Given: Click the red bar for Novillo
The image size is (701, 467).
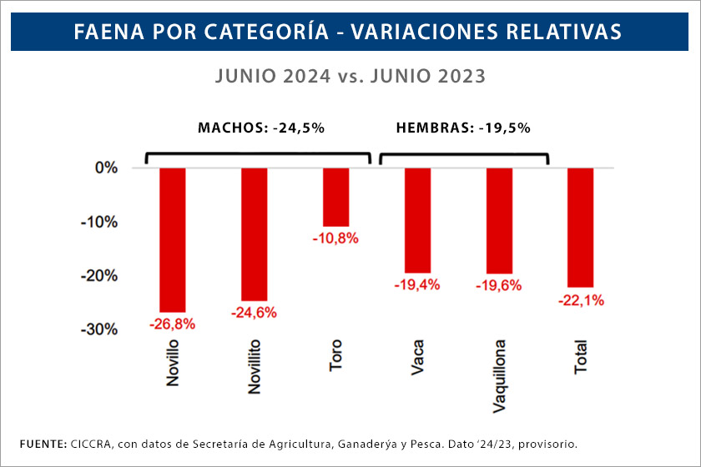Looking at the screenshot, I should [x=173, y=239].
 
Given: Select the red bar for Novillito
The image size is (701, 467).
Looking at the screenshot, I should [x=255, y=233].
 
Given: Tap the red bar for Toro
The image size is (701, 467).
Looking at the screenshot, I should [x=336, y=197].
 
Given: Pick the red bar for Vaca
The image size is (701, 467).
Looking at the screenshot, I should [x=417, y=220].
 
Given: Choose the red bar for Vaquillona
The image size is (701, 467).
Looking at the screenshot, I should [x=499, y=220].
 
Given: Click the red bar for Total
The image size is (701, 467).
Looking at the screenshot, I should [x=580, y=227].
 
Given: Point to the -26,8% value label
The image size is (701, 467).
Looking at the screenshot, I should [x=172, y=324].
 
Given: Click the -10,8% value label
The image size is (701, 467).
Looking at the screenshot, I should [x=336, y=239].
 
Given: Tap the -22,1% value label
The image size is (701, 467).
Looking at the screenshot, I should [x=580, y=299].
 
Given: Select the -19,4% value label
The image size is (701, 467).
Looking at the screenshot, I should [x=417, y=285].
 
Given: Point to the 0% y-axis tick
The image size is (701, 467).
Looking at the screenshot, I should [x=106, y=168].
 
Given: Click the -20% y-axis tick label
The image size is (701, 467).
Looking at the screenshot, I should [x=100, y=275].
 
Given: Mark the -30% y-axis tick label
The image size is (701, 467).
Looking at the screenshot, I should [x=100, y=329].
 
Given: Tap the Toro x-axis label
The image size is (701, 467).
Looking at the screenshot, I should [x=336, y=354].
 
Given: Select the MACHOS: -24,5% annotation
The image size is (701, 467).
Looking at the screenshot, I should [x=260, y=128].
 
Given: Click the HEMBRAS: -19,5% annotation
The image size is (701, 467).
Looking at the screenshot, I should [x=463, y=128].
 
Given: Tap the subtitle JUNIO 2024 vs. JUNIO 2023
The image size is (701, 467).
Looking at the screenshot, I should [x=350, y=76].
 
